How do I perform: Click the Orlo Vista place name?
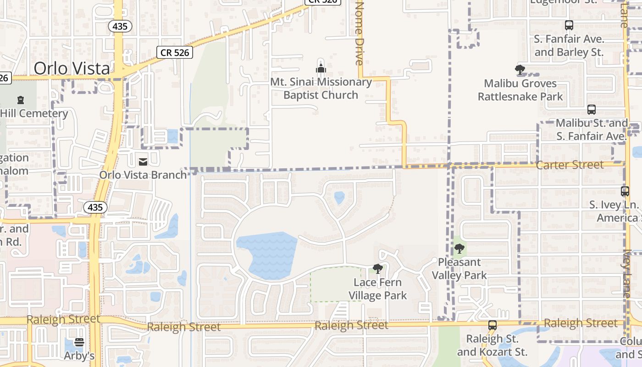pos(72,68)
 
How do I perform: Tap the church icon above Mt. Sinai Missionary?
pos(321,68)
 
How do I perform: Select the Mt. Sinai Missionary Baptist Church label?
pos(321,89)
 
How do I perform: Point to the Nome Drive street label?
pos(360,33)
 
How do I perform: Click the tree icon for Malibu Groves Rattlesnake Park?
pos(520,70)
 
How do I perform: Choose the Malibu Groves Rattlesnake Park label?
pos(520,90)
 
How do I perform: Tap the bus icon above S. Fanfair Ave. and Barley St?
pos(569,25)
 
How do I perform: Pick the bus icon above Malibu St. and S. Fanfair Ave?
pos(592,110)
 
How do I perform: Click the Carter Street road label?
pos(570,165)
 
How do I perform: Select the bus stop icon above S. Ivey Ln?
pos(625,191)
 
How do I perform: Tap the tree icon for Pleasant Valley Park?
pos(459,249)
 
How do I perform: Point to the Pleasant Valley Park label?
pos(459,268)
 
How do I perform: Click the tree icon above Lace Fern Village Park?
pos(378,269)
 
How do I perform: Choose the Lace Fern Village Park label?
pos(378,289)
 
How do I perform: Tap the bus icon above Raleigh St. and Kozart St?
pos(493,325)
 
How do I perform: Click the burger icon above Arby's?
pos(79,342)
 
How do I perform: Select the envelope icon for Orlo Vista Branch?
pos(143,161)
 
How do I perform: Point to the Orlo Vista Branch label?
pos(143,175)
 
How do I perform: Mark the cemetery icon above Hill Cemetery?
pos(20,100)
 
